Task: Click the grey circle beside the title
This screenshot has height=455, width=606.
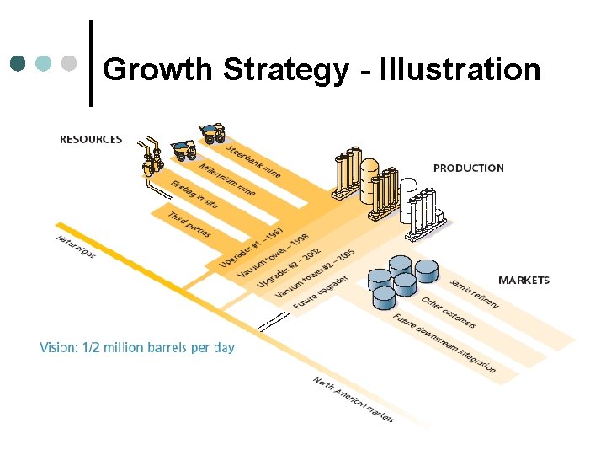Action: click(70, 63)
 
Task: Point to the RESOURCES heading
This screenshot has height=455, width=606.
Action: click(91, 140)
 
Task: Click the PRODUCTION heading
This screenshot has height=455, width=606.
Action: click(469, 169)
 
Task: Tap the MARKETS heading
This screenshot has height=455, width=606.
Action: click(524, 281)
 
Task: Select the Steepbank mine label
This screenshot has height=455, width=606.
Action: click(253, 161)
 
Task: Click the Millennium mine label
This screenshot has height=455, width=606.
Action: click(227, 179)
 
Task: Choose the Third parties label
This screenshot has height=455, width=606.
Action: click(189, 223)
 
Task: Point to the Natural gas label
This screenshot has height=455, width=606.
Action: click(76, 246)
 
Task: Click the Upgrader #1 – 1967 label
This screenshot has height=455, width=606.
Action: click(251, 247)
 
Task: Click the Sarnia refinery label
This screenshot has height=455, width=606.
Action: click(475, 292)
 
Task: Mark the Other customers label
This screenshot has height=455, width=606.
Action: click(449, 313)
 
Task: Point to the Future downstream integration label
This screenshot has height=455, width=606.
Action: click(444, 343)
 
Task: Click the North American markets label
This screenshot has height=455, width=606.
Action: click(353, 399)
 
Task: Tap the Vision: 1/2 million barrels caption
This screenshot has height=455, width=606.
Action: click(137, 347)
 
